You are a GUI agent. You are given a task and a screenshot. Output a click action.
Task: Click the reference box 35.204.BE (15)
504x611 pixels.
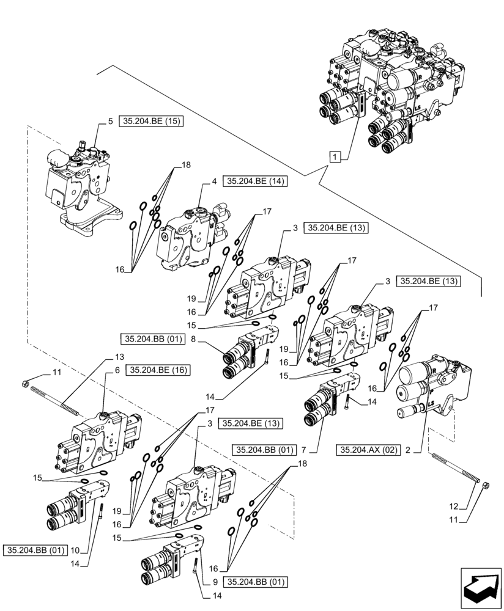[x=152, y=121]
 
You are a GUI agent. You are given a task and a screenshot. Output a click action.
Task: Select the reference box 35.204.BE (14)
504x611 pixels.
[x=256, y=181]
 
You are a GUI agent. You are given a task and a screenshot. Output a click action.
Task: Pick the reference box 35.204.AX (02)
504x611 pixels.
[x=368, y=450]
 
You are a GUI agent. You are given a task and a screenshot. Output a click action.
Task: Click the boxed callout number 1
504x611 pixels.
[x=336, y=158]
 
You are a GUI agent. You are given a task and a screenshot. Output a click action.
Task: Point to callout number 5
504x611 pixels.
[x=110, y=121]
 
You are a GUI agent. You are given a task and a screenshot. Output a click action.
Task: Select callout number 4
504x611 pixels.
[x=215, y=181]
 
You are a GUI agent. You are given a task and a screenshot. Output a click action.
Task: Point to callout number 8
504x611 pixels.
[x=195, y=340]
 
